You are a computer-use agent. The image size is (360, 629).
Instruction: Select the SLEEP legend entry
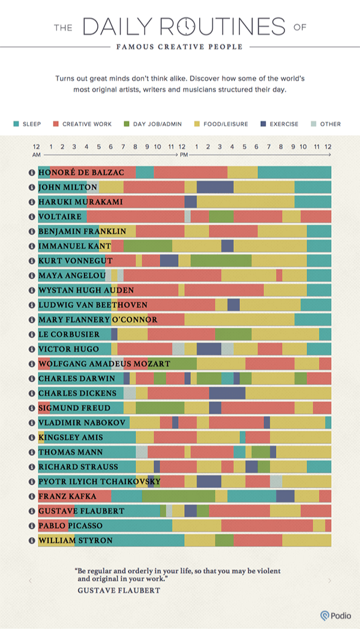tap(28, 124)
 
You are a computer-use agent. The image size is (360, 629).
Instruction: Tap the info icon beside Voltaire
tap(32, 216)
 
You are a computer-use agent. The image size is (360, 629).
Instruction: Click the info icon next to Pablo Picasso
tap(32, 526)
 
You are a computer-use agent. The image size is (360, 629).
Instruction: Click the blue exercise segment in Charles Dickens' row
tap(227, 393)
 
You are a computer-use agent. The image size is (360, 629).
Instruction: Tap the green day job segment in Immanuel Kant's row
tap(148, 246)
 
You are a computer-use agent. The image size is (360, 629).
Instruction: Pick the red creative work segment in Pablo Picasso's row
tap(266, 526)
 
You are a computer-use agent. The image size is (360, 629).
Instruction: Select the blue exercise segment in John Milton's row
tap(215, 187)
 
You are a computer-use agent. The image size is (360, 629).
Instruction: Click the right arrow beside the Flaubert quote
tap(329, 580)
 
